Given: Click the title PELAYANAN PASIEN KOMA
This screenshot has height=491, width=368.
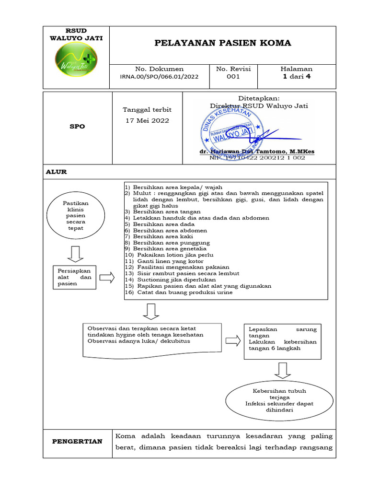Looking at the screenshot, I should click(x=222, y=43).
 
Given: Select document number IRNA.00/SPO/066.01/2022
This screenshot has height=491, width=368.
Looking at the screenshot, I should click(x=160, y=76).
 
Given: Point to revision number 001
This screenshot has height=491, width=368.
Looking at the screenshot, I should click(x=233, y=76).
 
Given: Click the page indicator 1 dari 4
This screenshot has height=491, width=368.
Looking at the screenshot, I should click(x=297, y=76).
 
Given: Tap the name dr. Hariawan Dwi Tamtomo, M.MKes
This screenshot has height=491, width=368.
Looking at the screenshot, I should click(x=257, y=152).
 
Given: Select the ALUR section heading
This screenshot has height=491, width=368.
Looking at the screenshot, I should click(x=56, y=172).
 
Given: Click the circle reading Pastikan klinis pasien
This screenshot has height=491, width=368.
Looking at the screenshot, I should click(x=75, y=216).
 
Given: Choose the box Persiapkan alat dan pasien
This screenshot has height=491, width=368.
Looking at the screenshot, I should click(x=74, y=277).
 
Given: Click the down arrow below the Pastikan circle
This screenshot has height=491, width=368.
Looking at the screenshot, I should click(x=75, y=254).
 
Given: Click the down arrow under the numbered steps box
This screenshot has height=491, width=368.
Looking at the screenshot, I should click(x=151, y=312).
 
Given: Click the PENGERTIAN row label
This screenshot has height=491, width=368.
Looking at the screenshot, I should click(x=77, y=441).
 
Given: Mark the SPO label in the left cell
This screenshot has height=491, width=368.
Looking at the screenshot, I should click(x=77, y=127).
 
